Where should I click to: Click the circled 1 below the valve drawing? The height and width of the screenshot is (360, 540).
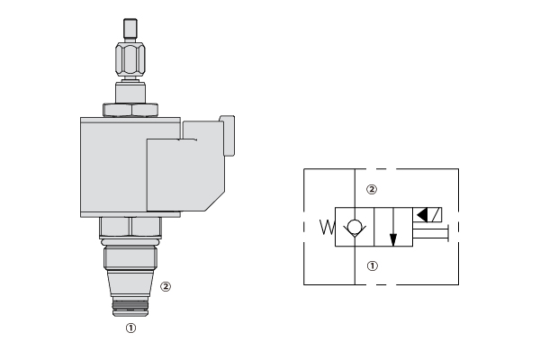[x=130, y=328]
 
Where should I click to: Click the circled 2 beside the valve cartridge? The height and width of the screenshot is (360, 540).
[x=166, y=286]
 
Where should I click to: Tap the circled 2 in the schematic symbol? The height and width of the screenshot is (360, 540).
[x=371, y=189]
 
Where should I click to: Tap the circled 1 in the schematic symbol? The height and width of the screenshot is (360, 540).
[x=372, y=266]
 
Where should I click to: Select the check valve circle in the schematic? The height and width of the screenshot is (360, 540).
[x=355, y=227]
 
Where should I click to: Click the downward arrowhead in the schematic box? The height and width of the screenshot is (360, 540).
[x=393, y=239]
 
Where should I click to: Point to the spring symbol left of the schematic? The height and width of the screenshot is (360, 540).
[x=327, y=228]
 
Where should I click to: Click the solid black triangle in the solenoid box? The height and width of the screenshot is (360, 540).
[x=422, y=215]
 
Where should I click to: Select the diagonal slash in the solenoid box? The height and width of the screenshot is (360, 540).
[x=436, y=215]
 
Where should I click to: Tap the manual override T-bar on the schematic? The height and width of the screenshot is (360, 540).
[x=430, y=233]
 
